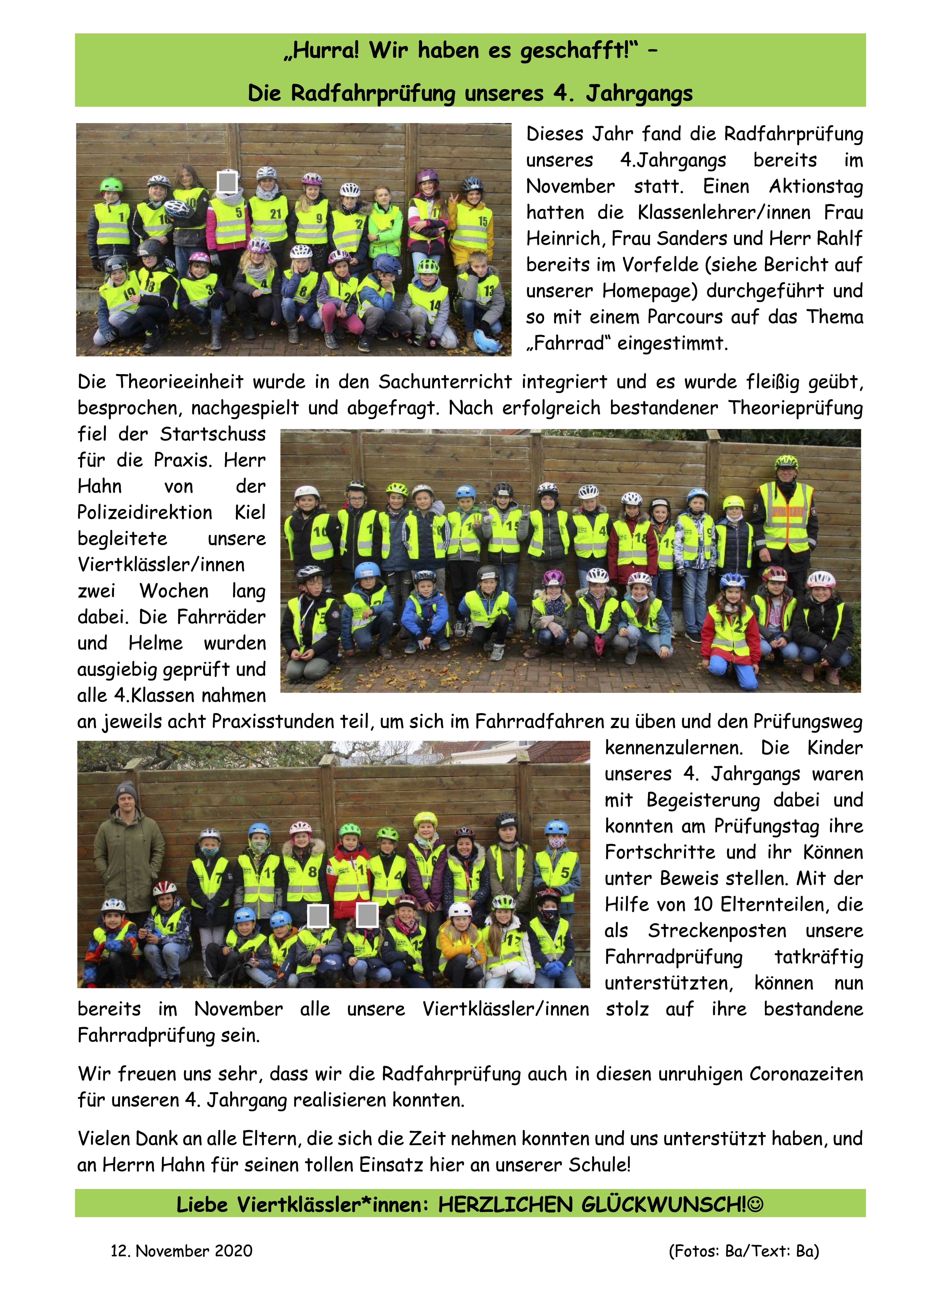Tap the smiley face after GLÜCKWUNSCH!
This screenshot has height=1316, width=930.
(x=756, y=1205)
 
